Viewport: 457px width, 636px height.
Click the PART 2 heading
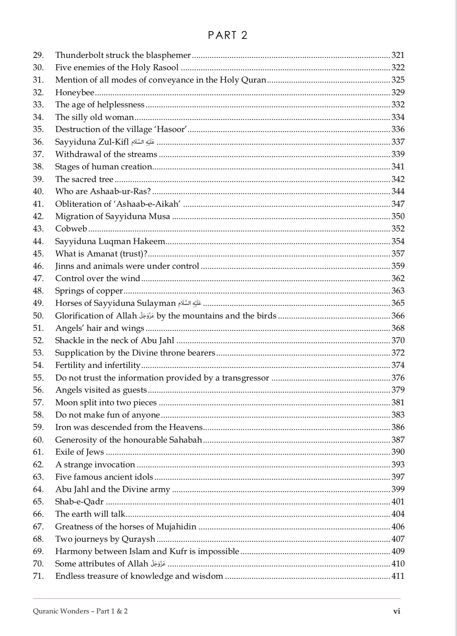pos(228,35)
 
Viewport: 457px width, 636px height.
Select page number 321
pos(398,55)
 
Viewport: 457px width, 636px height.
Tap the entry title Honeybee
pos(75,92)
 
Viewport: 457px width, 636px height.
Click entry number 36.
pos(38,142)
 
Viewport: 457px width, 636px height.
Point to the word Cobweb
pos(71,229)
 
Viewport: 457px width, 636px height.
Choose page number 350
pos(398,216)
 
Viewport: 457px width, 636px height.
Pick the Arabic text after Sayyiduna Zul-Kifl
pos(143,142)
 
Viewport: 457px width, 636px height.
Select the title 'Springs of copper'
pos(89,291)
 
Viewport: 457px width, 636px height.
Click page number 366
pos(398,316)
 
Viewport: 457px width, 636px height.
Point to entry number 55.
pos(38,378)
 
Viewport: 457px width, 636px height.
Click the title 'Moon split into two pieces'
pos(106,402)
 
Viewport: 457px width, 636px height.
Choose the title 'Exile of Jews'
pos(79,452)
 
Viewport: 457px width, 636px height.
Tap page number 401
pos(398,502)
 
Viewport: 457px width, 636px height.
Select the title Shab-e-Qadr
pos(79,502)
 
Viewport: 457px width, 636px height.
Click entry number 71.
pos(38,576)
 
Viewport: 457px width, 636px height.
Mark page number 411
pos(398,576)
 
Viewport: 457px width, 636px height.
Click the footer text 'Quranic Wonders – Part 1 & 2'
pos(80,611)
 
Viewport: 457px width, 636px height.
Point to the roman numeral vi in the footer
pos(397,611)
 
